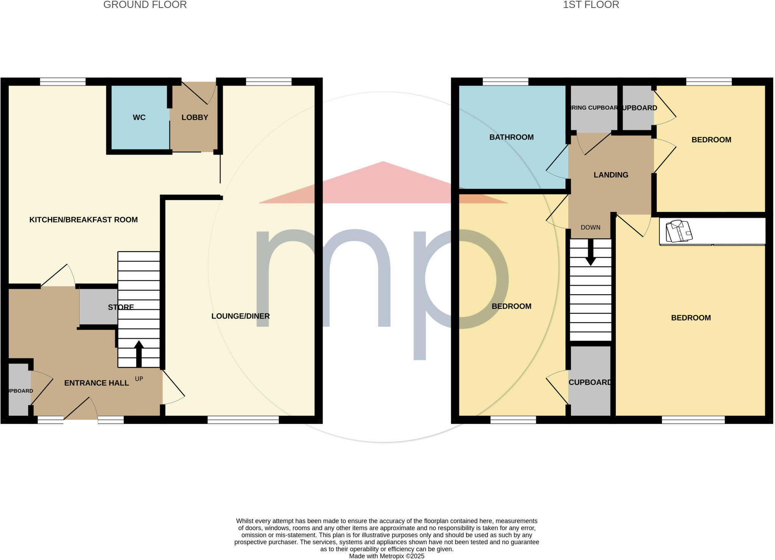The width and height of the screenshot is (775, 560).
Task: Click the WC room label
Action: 139,118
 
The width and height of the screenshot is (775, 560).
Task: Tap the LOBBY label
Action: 195,118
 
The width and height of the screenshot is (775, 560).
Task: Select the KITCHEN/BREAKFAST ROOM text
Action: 83,220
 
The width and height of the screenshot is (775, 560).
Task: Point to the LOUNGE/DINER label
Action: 240,316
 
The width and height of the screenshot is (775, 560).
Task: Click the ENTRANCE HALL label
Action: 96,383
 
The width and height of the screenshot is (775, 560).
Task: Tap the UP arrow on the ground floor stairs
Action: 139,354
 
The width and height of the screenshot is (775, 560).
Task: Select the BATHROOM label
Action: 511,137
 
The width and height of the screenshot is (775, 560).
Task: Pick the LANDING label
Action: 611,175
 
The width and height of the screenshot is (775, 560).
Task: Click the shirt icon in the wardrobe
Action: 679,231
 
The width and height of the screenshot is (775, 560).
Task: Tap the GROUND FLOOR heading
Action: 145,5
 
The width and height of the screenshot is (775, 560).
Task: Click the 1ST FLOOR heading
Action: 591,5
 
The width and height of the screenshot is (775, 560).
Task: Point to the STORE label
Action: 121,307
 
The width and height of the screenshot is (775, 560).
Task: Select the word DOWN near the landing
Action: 590,227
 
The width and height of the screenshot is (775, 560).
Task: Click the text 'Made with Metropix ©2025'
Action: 386,556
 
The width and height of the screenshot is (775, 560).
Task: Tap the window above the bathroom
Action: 505,81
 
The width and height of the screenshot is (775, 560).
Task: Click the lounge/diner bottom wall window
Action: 243,419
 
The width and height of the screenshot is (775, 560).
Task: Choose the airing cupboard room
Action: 594,108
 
